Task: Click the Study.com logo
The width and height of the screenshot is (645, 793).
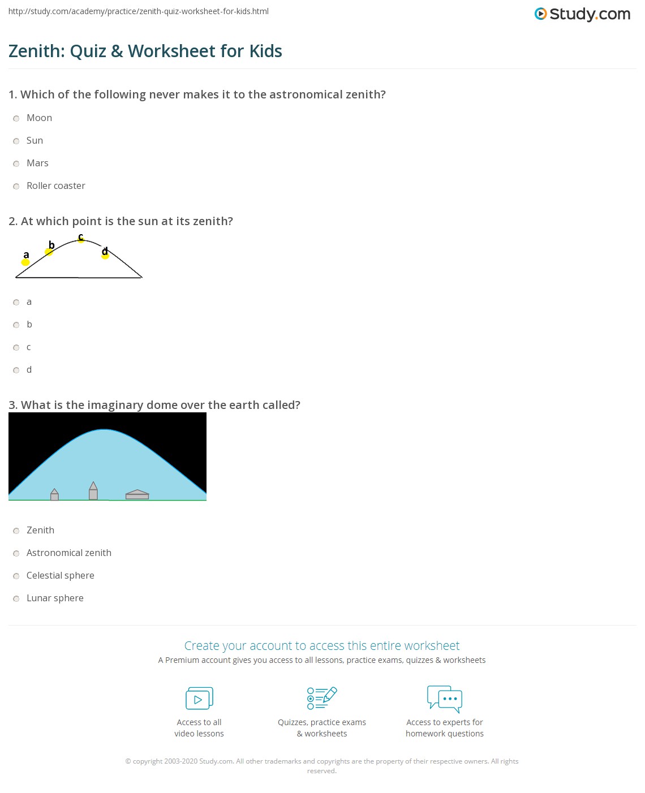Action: click(x=582, y=14)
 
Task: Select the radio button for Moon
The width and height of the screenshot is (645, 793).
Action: click(x=16, y=118)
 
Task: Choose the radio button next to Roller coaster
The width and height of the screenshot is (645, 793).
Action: click(x=16, y=186)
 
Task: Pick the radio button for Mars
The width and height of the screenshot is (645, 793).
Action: click(x=16, y=163)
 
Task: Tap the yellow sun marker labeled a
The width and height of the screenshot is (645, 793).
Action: click(x=25, y=262)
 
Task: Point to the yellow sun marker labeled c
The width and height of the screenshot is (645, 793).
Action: click(x=81, y=240)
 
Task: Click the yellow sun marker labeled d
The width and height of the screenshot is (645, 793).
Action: click(x=105, y=256)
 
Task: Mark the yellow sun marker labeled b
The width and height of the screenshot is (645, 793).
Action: click(x=49, y=252)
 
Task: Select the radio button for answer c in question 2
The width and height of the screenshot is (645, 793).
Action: click(x=16, y=347)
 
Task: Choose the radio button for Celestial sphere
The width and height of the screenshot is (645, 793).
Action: click(x=16, y=576)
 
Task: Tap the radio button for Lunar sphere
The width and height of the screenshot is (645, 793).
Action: click(x=16, y=598)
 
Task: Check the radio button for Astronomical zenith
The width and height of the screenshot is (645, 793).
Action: click(x=16, y=553)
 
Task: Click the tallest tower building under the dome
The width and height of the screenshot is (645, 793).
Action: click(x=93, y=491)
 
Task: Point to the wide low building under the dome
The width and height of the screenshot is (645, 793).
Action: click(x=137, y=495)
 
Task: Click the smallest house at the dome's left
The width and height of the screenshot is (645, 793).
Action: click(x=54, y=495)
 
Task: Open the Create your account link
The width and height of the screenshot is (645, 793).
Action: click(x=322, y=646)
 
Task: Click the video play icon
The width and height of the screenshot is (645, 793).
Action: click(x=199, y=699)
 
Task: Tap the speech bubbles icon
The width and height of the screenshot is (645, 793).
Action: click(x=445, y=699)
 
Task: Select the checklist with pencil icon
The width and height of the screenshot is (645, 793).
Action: click(x=322, y=698)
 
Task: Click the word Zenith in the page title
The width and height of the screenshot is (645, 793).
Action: click(x=36, y=51)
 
